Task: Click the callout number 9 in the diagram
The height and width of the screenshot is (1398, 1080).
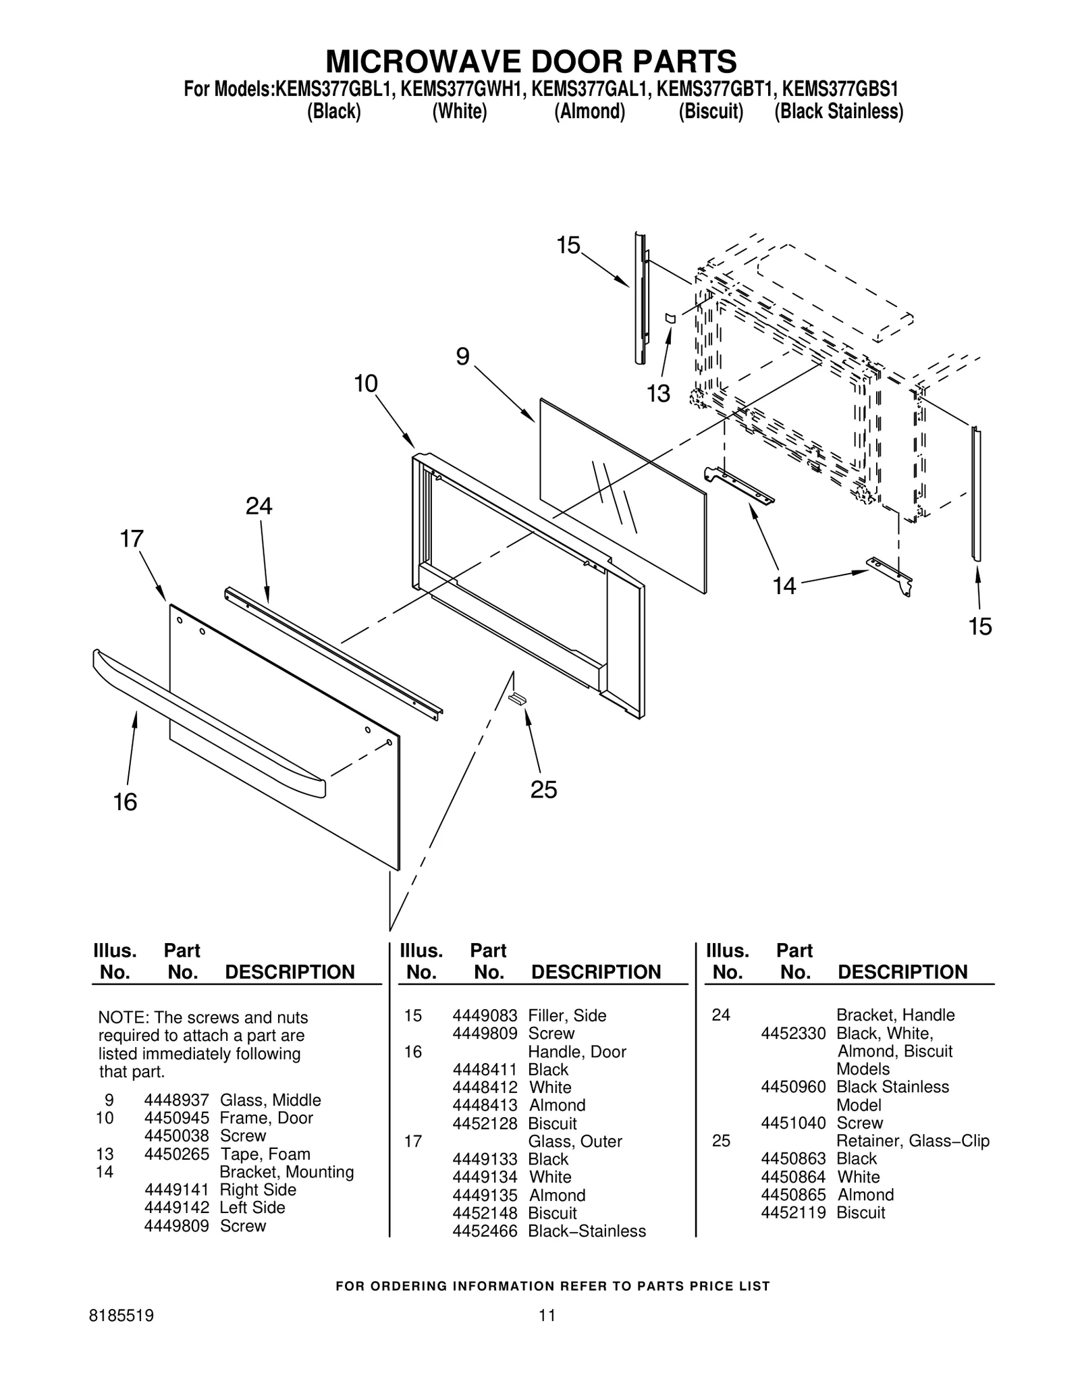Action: (462, 356)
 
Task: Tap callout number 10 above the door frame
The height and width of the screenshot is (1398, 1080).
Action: (366, 384)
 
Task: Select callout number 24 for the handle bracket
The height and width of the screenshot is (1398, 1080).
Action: (259, 506)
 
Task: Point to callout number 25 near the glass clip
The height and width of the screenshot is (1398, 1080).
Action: (543, 789)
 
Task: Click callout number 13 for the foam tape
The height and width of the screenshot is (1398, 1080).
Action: (658, 394)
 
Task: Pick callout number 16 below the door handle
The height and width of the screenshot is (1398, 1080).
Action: (126, 802)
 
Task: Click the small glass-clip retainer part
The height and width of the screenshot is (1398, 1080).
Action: (518, 697)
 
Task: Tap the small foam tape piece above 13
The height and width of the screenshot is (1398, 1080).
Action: (670, 317)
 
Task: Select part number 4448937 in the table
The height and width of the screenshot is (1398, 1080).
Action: (176, 1100)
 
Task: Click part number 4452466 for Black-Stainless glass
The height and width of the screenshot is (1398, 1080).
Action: (485, 1231)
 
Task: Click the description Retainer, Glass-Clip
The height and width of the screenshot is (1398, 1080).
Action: (913, 1141)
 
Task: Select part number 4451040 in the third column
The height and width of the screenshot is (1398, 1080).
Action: (793, 1123)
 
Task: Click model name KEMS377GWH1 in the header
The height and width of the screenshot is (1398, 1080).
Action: (462, 90)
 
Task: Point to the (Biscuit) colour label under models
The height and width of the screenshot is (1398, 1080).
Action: (711, 111)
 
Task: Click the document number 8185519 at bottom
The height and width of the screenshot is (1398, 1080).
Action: (122, 1315)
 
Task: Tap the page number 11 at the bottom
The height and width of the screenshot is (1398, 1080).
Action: (547, 1315)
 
